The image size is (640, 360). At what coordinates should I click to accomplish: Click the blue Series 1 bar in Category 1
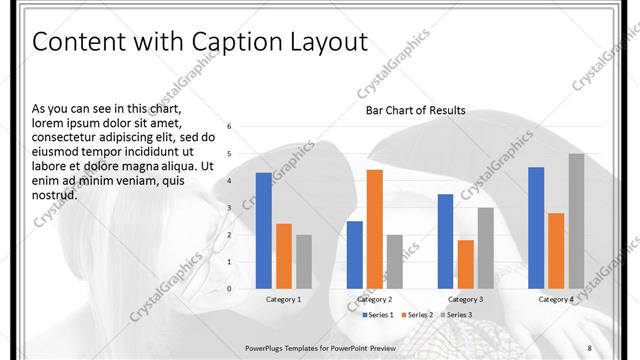(x=264, y=231)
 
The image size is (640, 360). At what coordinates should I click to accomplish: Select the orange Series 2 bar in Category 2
(x=374, y=229)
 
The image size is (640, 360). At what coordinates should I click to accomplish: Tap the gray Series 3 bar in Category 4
(x=576, y=221)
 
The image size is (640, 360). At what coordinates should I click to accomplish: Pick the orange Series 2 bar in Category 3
(x=465, y=264)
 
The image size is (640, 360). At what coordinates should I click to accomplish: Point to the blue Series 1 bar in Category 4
(x=536, y=228)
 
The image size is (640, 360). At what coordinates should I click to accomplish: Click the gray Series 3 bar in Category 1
(x=304, y=261)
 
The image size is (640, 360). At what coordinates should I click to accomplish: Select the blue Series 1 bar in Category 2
(x=354, y=255)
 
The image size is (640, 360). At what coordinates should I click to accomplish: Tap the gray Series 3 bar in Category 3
(x=485, y=248)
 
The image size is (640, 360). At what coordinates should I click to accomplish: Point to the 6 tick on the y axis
(x=229, y=126)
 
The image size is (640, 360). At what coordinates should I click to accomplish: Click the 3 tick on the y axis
(x=229, y=207)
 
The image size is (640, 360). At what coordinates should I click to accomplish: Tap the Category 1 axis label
(x=284, y=299)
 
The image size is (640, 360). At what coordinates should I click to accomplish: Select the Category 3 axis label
(x=465, y=299)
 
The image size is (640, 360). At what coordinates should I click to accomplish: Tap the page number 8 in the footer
(x=590, y=346)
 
